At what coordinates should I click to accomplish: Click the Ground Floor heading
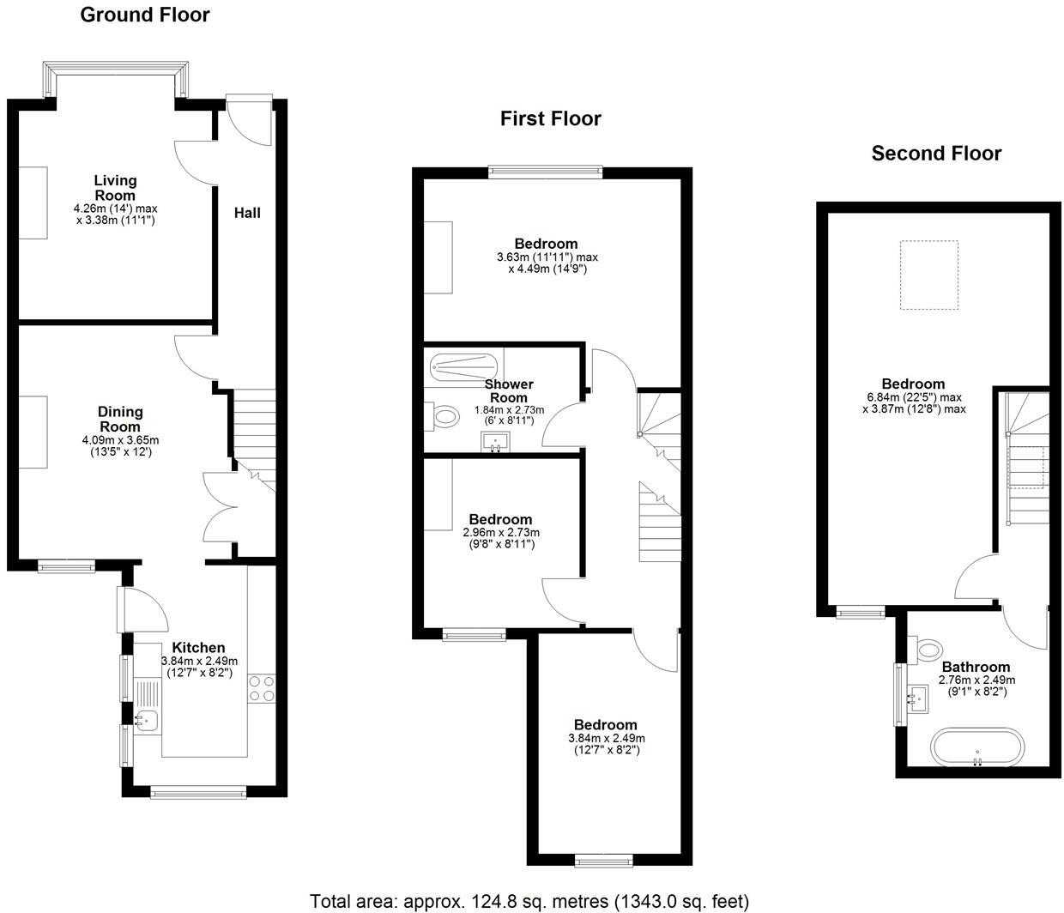pos(144,15)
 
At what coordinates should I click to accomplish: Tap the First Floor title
pos(550,118)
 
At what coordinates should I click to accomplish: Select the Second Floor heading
pos(936,154)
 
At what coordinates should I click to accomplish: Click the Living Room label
pos(115,187)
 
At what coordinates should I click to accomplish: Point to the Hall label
pos(247,213)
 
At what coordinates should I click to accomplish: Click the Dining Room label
pos(119,419)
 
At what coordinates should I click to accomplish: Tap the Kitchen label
pos(198,648)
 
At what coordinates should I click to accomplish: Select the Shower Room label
pos(509,390)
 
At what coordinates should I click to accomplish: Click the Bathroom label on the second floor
pos(976,667)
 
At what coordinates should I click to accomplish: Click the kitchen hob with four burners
pos(262,688)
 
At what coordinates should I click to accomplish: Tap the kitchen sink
pos(146,721)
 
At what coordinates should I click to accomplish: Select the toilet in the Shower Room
pos(444,419)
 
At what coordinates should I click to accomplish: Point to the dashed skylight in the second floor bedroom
pos(928,275)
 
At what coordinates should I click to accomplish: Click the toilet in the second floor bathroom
pos(928,650)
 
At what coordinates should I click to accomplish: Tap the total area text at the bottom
pos(529,901)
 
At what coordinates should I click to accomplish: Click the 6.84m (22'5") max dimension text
pos(914,397)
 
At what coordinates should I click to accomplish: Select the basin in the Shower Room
pos(495,443)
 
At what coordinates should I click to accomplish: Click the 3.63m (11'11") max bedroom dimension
pos(547,257)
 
